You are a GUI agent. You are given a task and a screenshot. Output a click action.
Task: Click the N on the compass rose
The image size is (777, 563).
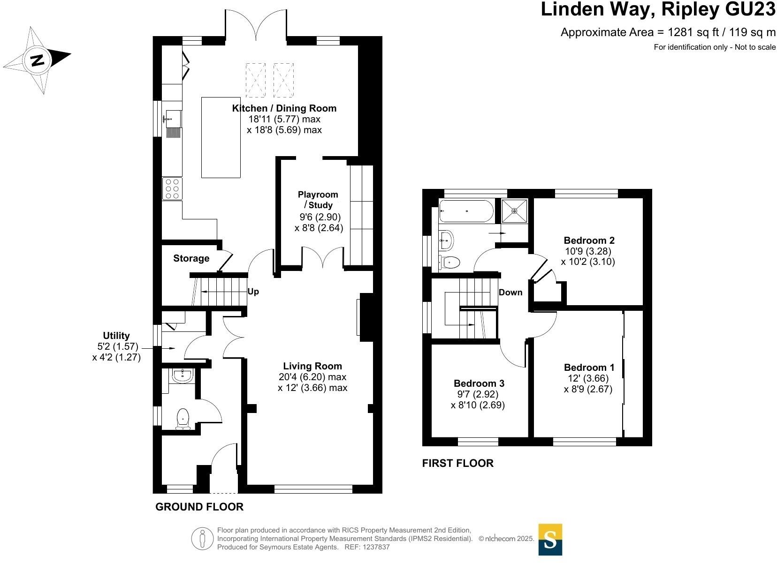38,60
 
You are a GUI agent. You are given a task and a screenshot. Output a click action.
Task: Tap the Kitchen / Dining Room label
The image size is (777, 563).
284,108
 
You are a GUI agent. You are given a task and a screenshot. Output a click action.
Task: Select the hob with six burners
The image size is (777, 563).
172,189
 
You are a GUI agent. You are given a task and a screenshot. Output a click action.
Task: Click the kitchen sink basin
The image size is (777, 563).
174,119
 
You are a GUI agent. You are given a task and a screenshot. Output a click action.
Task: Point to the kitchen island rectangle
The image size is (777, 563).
221,137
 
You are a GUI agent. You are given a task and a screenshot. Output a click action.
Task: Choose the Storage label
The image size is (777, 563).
191,258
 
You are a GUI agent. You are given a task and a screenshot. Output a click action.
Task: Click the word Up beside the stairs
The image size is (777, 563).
253,292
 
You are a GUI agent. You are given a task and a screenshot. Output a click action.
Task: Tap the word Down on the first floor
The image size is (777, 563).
510,293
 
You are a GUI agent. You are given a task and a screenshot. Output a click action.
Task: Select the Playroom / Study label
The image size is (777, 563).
318,200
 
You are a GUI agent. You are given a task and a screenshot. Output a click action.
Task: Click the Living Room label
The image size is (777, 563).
312,366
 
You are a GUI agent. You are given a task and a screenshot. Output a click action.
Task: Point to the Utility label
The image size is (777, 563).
116,335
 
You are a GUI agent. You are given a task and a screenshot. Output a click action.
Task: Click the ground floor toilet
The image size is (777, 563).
183,419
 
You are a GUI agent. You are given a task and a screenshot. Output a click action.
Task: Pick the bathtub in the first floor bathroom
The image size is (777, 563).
466,211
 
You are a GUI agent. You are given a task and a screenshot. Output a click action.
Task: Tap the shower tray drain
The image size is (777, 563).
514,210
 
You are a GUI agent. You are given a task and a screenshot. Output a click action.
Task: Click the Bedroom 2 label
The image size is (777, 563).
589,240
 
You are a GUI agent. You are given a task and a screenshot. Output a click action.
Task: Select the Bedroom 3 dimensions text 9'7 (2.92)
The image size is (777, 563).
478,394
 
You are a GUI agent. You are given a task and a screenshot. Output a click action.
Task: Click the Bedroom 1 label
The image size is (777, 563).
589,367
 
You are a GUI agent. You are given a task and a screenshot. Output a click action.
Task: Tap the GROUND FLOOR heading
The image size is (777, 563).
199,507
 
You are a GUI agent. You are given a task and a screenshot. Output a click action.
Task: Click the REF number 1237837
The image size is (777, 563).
376,547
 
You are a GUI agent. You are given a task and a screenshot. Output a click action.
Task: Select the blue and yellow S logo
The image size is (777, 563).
550,540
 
